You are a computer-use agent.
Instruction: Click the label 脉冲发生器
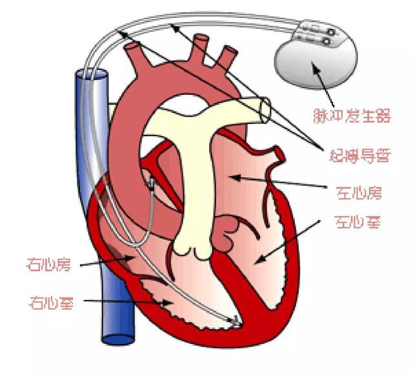[352, 116]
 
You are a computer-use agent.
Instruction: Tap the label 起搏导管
[359, 156]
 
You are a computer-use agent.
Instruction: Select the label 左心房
[359, 194]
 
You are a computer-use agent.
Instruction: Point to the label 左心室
[358, 222]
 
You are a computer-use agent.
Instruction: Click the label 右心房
[49, 265]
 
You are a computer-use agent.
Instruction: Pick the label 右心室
[52, 303]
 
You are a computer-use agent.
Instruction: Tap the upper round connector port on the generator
[331, 32]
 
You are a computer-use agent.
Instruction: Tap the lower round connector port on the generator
[327, 41]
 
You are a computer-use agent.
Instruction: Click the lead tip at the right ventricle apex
[236, 321]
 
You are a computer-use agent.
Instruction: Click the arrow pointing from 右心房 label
[106, 262]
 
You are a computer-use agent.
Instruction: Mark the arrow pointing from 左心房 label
[278, 182]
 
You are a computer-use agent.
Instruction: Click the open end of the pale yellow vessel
[265, 110]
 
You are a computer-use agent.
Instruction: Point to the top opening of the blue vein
[92, 74]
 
